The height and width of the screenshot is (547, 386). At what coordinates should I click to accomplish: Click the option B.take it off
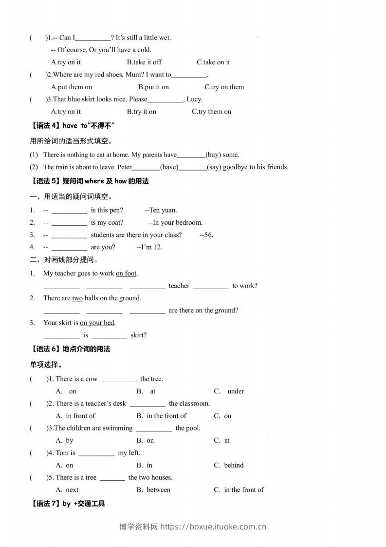click(x=144, y=62)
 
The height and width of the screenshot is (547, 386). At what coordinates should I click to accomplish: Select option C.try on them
click(x=224, y=87)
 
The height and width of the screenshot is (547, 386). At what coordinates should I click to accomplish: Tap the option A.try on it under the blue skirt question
click(x=66, y=111)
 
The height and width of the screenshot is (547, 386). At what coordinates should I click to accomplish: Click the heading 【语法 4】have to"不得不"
click(x=72, y=126)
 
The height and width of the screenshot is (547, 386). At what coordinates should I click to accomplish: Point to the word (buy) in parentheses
click(x=213, y=155)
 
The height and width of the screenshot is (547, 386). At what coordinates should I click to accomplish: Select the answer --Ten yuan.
click(x=161, y=210)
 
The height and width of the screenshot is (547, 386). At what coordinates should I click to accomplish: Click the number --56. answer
click(x=206, y=234)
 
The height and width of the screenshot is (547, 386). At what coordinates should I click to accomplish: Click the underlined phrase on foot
click(x=126, y=273)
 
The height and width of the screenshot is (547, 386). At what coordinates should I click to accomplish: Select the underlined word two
click(x=77, y=298)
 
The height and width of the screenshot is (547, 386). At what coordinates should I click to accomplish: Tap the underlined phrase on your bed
click(x=97, y=322)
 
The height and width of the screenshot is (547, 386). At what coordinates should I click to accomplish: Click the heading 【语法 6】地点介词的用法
click(x=70, y=349)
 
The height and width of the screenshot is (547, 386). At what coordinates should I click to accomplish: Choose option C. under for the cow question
click(x=229, y=391)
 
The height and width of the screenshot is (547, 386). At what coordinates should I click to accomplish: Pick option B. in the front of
click(x=161, y=416)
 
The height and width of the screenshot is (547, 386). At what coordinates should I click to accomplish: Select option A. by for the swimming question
click(x=65, y=440)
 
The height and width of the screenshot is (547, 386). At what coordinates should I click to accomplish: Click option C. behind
click(x=229, y=465)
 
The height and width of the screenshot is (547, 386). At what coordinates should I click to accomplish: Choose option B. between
click(x=153, y=489)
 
